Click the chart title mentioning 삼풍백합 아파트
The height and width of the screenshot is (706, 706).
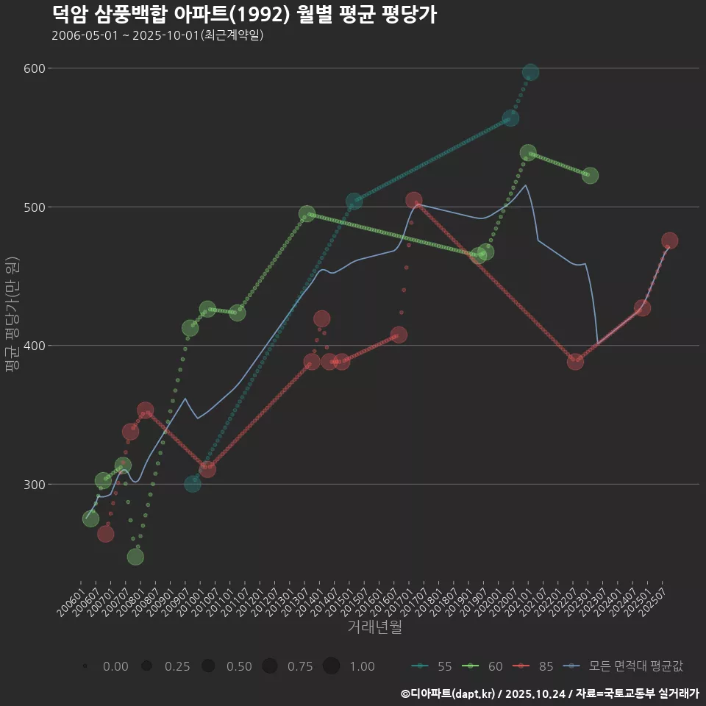[245, 14]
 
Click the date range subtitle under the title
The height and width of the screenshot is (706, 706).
[157, 36]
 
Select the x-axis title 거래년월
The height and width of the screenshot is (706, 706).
[375, 627]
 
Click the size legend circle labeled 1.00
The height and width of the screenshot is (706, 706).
[331, 666]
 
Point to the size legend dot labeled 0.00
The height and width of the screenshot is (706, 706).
[86, 666]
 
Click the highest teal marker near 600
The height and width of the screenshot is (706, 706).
[530, 72]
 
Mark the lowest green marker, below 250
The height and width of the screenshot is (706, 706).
[135, 557]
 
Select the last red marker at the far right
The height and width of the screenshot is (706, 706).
[669, 240]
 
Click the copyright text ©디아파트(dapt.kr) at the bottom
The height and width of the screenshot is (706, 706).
[449, 693]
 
